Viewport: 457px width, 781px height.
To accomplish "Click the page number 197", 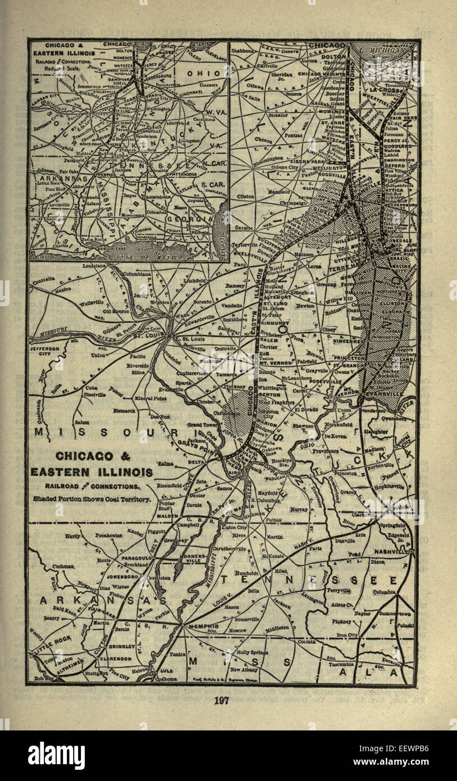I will (x=228, y=700).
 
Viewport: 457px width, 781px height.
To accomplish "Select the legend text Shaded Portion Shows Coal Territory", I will (x=92, y=498).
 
